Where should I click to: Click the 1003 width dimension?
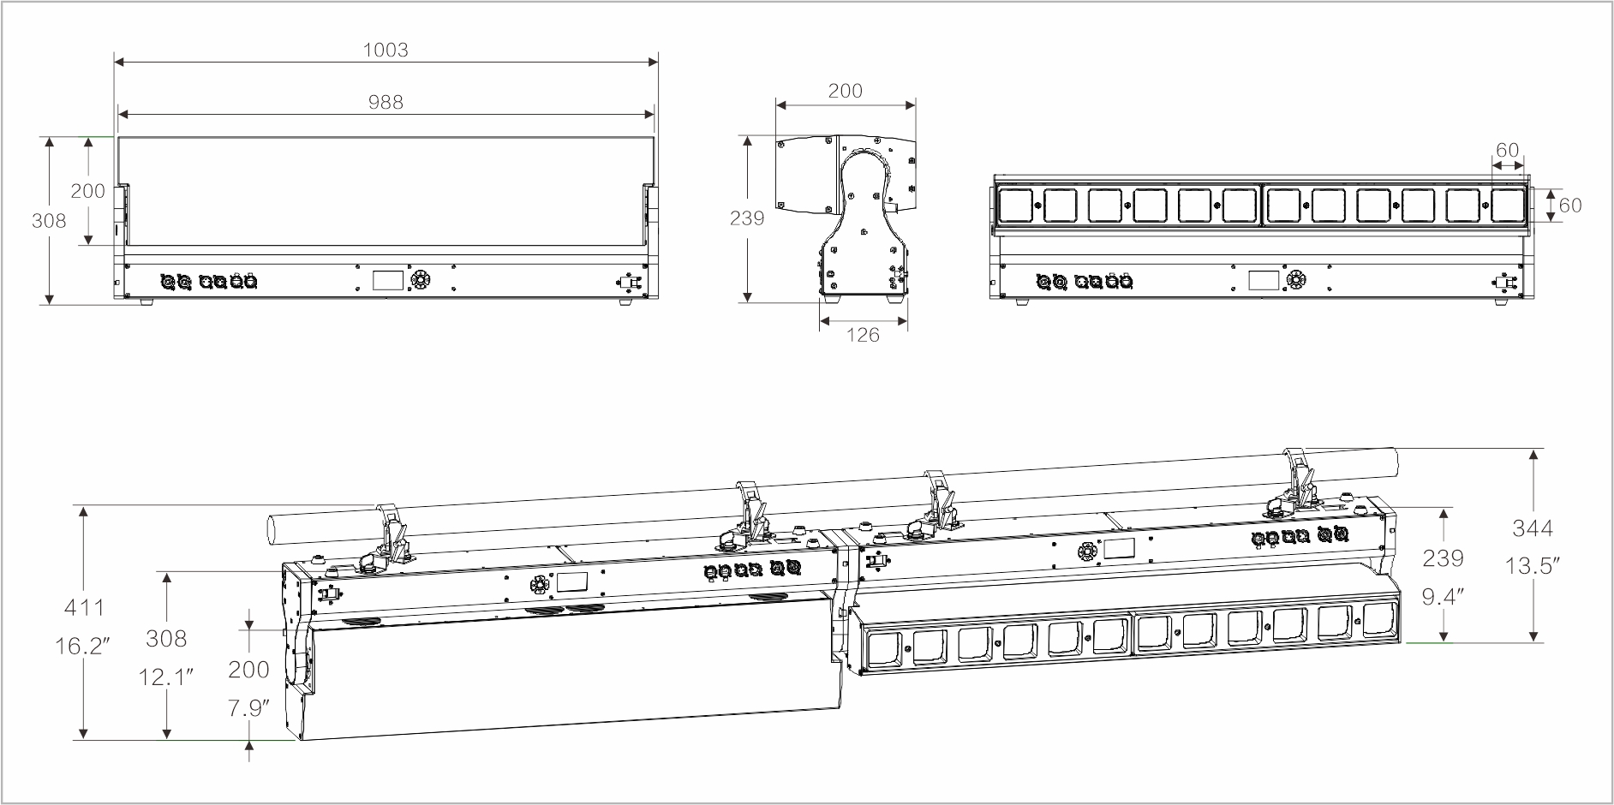[x=386, y=50]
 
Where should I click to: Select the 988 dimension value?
[x=386, y=102]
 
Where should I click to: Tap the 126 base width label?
[x=863, y=335]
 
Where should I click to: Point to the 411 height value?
[x=84, y=608]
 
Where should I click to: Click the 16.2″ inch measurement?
[x=84, y=646]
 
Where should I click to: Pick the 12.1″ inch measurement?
[x=166, y=677]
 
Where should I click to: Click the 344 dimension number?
[x=1533, y=528]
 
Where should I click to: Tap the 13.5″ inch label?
[x=1533, y=566]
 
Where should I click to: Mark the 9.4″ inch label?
[x=1444, y=597]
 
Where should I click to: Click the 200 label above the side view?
[x=845, y=91]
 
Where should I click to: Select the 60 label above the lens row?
[x=1507, y=150]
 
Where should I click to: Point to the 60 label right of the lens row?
[x=1570, y=206]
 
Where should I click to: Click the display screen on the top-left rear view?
[x=387, y=280]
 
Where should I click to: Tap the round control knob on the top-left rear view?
[x=421, y=280]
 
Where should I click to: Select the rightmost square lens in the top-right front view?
[x=1508, y=206]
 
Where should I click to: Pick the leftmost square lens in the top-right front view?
[x=1017, y=206]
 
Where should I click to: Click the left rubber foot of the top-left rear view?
[x=144, y=301]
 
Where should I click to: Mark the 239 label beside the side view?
[x=747, y=218]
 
